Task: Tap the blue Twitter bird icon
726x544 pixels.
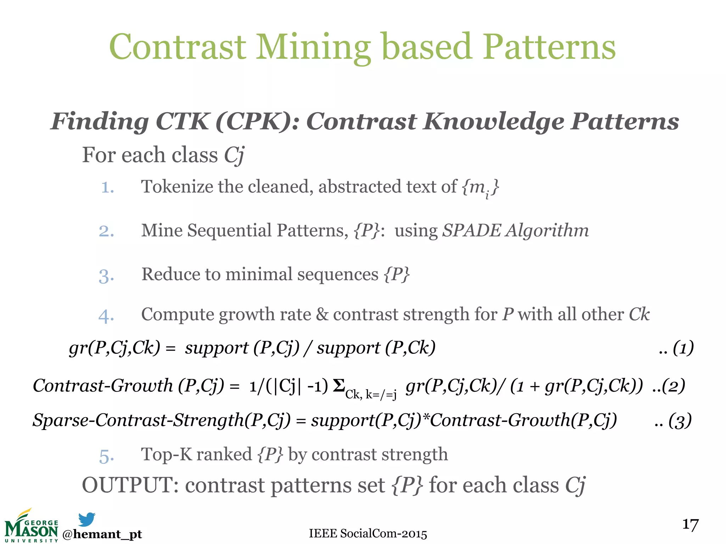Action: pos(86,519)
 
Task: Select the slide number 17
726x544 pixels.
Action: pos(690,525)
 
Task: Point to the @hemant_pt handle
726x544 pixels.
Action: pos(102,534)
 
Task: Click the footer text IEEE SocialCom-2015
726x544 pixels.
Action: pos(368,533)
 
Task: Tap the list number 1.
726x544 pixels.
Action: pos(107,187)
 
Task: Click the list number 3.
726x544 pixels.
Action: pos(106,276)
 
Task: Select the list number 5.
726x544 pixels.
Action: pos(106,456)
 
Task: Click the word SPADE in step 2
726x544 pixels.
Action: pos(472,231)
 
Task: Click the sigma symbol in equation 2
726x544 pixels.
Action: pos(339,385)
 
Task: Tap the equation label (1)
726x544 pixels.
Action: pos(683,348)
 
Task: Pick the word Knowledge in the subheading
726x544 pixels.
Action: pos(494,122)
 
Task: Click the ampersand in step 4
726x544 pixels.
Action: pos(322,314)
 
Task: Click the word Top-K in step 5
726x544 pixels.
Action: pos(166,454)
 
